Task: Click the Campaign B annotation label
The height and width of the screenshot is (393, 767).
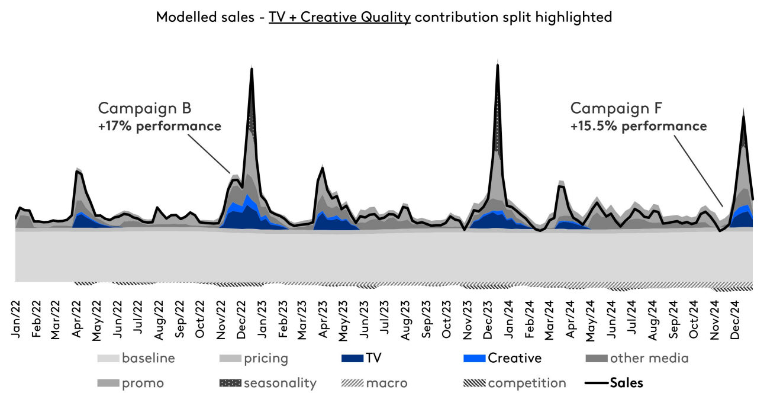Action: click(144, 108)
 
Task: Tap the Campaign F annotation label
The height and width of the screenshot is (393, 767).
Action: click(616, 108)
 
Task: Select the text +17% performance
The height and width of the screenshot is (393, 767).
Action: click(160, 126)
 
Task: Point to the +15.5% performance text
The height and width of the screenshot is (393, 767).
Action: click(639, 126)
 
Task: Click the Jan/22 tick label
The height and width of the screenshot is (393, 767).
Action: click(16, 319)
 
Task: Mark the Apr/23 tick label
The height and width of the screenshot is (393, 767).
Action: click(323, 319)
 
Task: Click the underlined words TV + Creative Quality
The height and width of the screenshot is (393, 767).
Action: click(340, 17)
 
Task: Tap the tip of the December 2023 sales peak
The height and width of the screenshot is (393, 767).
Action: click(497, 65)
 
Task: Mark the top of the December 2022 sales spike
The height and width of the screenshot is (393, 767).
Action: click(252, 69)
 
